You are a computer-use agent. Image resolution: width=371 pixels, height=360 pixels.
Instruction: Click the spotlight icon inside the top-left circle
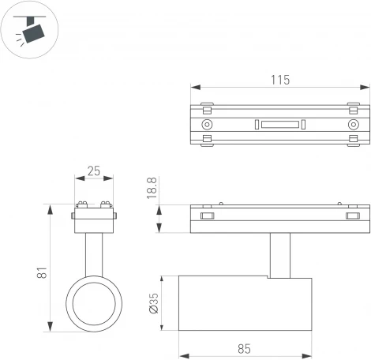click(31, 30)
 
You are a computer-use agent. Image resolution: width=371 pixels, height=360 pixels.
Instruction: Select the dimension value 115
click(280, 79)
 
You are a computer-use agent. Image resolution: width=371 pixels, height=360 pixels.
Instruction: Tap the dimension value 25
click(94, 171)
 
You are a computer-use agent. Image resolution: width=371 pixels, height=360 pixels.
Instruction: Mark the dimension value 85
click(244, 348)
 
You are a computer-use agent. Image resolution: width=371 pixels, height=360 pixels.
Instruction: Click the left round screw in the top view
click(208, 124)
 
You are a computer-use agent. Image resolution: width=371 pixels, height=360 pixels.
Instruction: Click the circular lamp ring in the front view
click(94, 304)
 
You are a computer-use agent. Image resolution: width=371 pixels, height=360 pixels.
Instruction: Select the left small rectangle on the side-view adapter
click(208, 216)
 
